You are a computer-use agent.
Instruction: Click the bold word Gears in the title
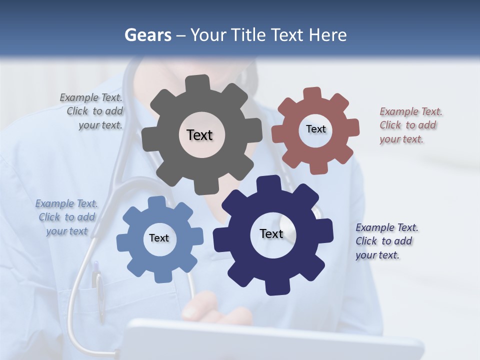(147, 35)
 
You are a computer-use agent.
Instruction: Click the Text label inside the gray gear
(199, 135)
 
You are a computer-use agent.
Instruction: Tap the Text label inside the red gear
(315, 129)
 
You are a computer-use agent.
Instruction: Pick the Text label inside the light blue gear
(159, 238)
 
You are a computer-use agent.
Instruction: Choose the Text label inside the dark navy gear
(271, 234)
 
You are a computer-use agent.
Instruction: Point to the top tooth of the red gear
(312, 94)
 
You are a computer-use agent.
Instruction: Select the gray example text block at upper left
(92, 111)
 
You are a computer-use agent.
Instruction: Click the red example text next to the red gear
(410, 125)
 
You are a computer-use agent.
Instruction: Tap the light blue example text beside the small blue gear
(66, 217)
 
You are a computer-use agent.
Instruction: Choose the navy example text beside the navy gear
(386, 241)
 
